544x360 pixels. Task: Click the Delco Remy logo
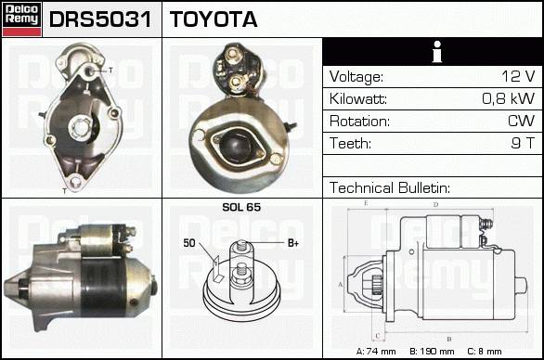pyautogui.click(x=21, y=19)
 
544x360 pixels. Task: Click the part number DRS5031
pyautogui.click(x=100, y=19)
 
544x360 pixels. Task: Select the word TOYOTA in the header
pyautogui.click(x=214, y=19)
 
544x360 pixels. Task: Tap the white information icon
pyautogui.click(x=437, y=52)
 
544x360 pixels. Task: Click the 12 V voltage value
pyautogui.click(x=518, y=76)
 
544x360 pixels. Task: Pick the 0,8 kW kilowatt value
pyautogui.click(x=509, y=98)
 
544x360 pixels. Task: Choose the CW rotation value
pyautogui.click(x=521, y=121)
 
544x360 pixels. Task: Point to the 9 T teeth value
pyautogui.click(x=523, y=143)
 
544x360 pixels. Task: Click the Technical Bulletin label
pyautogui.click(x=390, y=187)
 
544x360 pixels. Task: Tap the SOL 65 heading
pyautogui.click(x=241, y=207)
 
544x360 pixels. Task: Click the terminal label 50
pyautogui.click(x=189, y=243)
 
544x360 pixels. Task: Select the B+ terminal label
pyautogui.click(x=293, y=243)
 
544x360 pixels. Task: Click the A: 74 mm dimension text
pyautogui.click(x=376, y=352)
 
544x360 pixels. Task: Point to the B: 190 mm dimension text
pyautogui.click(x=432, y=352)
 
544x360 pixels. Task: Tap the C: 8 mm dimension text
pyautogui.click(x=485, y=352)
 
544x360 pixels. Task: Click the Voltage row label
pyautogui.click(x=356, y=77)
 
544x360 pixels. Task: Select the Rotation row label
pyautogui.click(x=359, y=121)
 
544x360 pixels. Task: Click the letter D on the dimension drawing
pyautogui.click(x=435, y=205)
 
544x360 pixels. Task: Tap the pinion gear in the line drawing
pyautogui.click(x=376, y=285)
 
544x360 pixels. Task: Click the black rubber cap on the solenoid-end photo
pyautogui.click(x=236, y=146)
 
